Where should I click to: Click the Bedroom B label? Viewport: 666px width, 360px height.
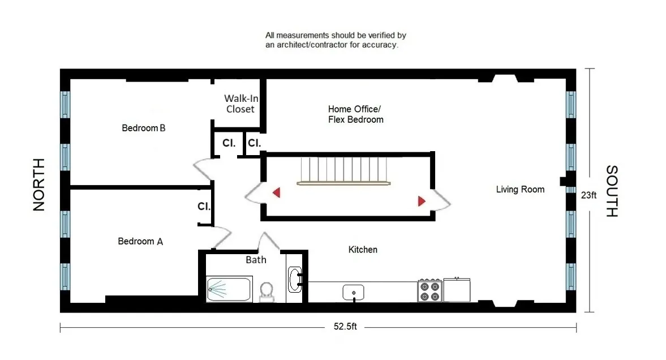144,128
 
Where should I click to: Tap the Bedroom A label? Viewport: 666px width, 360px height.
140,241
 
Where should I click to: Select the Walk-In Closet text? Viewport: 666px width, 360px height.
240,104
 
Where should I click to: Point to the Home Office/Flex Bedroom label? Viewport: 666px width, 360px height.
355,114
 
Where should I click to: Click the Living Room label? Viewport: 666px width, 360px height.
520,190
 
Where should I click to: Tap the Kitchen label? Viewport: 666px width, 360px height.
363,249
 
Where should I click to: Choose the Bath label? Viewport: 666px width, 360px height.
256,260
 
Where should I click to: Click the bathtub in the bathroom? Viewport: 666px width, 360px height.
229,289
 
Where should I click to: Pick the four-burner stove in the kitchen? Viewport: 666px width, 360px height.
429,290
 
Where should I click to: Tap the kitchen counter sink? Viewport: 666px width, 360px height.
354,292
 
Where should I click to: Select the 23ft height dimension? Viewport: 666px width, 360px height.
588,195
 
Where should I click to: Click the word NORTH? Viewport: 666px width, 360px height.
38,185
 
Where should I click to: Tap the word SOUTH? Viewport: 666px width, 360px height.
612,191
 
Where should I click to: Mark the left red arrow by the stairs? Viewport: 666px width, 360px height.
276,192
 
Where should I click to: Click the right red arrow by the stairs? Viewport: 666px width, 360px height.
422,201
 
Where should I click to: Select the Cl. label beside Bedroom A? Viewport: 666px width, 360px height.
204,207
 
